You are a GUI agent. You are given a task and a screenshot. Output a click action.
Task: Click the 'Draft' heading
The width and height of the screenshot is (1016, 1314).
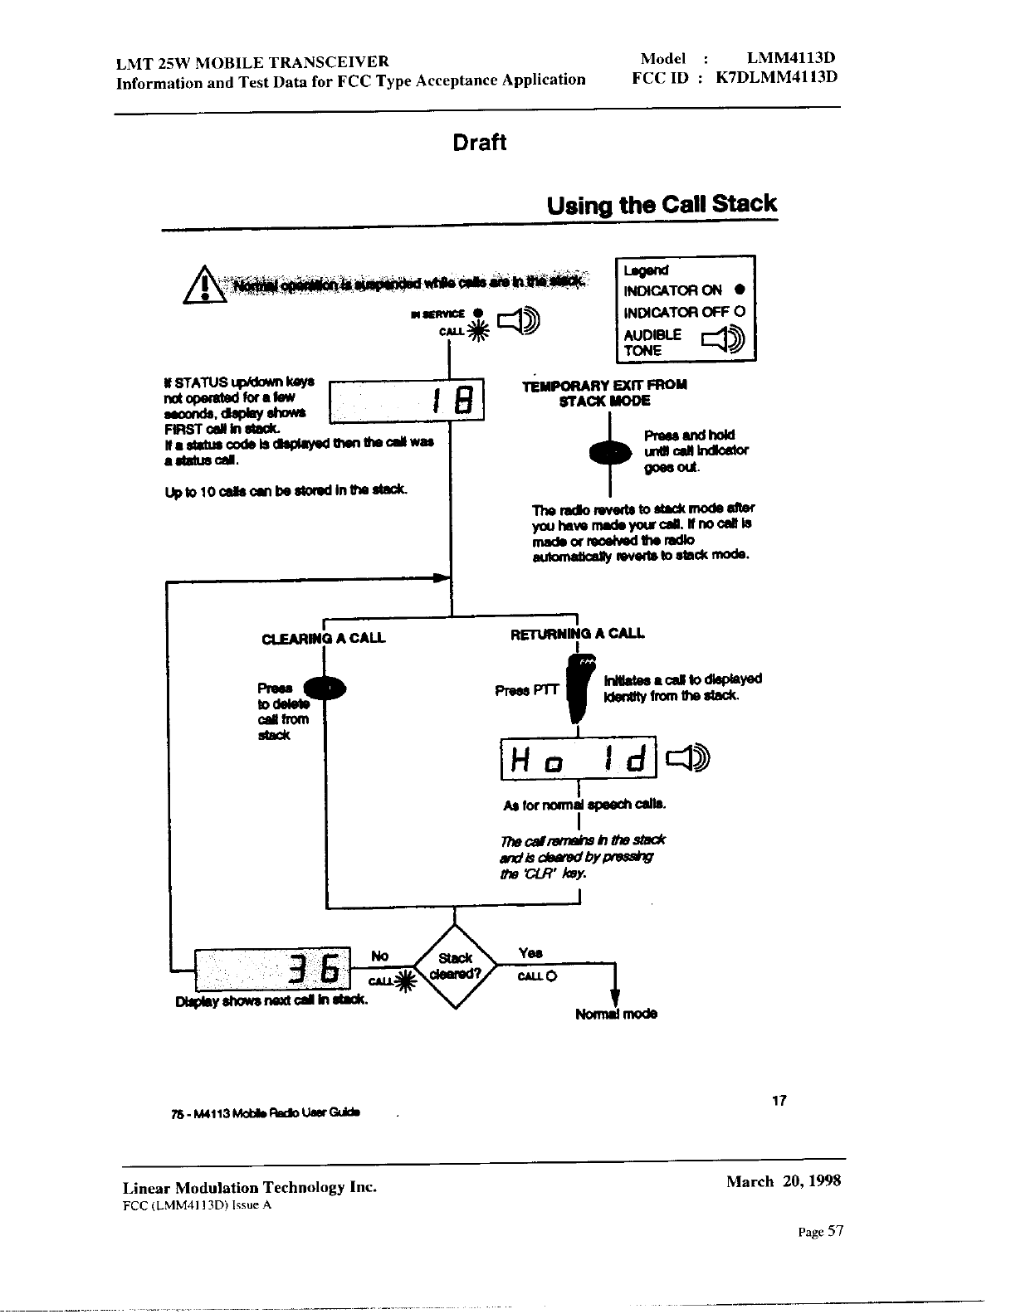[x=479, y=143]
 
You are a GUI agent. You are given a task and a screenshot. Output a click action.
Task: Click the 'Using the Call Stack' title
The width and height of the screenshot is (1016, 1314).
[x=662, y=204]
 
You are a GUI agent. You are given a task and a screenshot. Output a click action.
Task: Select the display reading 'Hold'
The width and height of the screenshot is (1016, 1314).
[x=578, y=758]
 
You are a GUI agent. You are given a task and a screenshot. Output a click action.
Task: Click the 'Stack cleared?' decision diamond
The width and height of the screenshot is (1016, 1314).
[x=454, y=966]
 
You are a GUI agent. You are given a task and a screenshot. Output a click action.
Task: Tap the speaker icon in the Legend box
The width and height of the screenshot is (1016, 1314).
[x=724, y=340]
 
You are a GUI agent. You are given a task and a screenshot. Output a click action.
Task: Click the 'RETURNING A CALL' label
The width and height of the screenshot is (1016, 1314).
[x=577, y=634]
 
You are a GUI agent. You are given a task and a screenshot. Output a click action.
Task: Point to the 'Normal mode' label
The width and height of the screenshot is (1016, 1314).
[x=616, y=1014]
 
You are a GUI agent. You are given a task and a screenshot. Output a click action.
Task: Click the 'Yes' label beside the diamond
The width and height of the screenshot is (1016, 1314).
[x=530, y=953]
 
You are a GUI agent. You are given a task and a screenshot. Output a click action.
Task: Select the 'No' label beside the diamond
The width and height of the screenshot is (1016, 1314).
[x=379, y=956]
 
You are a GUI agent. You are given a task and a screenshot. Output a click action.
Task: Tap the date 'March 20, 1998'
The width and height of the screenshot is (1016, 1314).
[x=783, y=1181]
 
